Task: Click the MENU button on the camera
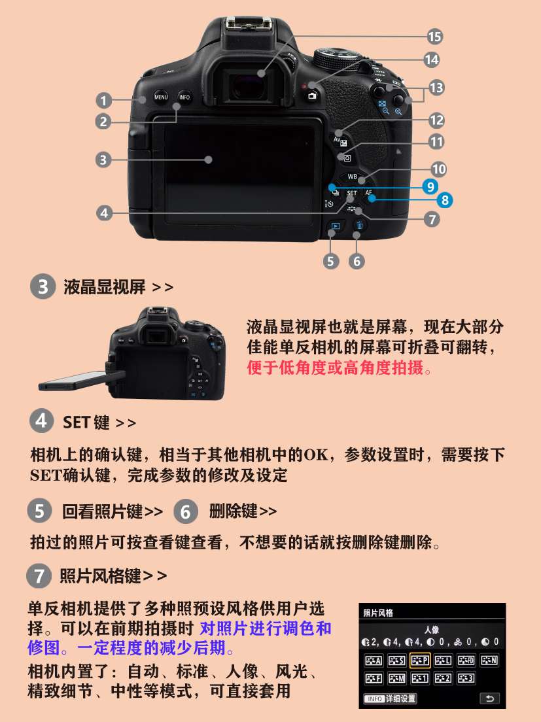coord(161,97)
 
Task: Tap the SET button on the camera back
coord(352,194)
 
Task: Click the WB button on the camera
coord(352,177)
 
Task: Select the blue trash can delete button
coord(360,225)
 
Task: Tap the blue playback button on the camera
coord(336,226)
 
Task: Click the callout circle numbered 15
coord(434,37)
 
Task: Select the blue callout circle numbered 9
coord(430,186)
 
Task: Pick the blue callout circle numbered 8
coord(444,200)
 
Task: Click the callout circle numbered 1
coord(103,100)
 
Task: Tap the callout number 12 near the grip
coord(436,120)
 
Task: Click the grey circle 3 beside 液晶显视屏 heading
coord(43,286)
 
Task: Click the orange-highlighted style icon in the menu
coord(420,661)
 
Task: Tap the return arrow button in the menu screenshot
coord(489,698)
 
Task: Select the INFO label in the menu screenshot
coord(375,699)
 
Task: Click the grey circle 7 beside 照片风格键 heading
coord(39,576)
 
